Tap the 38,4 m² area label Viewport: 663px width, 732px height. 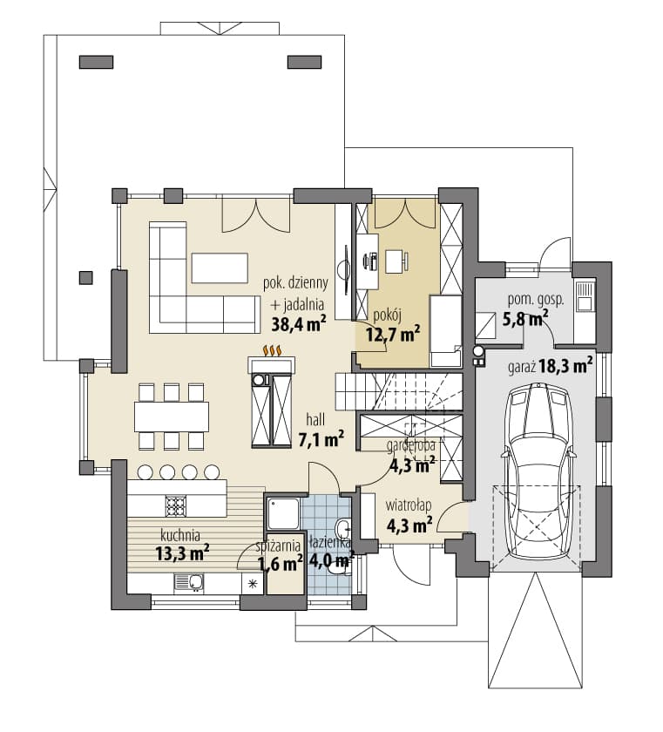pyautogui.click(x=299, y=324)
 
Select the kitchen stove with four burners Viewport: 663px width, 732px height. pyautogui.click(x=176, y=505)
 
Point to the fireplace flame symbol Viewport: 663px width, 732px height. pyautogui.click(x=272, y=350)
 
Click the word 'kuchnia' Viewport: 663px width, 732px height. pyautogui.click(x=180, y=534)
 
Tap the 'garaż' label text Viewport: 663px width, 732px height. pyautogui.click(x=522, y=367)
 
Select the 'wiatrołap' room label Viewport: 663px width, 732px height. pyautogui.click(x=409, y=505)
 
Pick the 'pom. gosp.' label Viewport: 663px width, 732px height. pyautogui.click(x=536, y=300)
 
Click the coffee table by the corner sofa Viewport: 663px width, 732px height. pyautogui.click(x=220, y=268)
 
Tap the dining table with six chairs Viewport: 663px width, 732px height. pyautogui.click(x=172, y=417)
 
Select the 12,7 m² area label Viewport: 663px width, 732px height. pyautogui.click(x=393, y=334)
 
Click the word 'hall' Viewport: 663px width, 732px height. pyautogui.click(x=315, y=419)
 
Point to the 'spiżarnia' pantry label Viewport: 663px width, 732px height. pyautogui.click(x=278, y=546)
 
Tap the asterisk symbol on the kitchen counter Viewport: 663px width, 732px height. pyautogui.click(x=254, y=583)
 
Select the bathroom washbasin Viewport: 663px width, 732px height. pyautogui.click(x=343, y=528)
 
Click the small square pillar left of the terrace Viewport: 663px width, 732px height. pyautogui.click(x=86, y=278)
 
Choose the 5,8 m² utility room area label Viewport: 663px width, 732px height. pyautogui.click(x=525, y=319)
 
